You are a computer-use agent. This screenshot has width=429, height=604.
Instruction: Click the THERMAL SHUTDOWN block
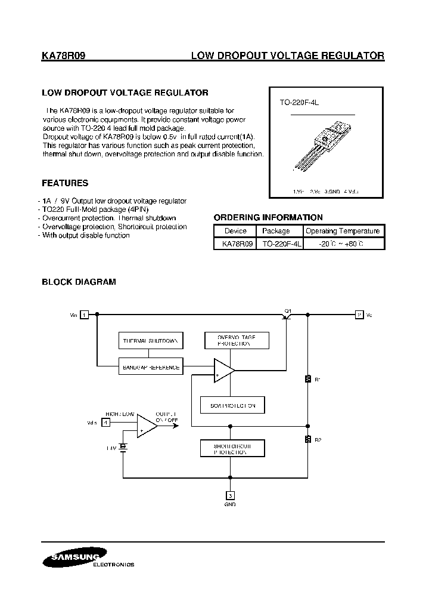(x=150, y=341)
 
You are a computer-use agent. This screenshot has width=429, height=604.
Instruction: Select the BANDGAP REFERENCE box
(x=150, y=367)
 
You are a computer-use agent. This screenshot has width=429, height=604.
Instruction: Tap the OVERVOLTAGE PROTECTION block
(x=237, y=341)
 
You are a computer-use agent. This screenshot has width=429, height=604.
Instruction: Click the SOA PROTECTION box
(x=232, y=405)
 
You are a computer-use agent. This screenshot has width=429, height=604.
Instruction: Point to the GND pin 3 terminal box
(x=230, y=495)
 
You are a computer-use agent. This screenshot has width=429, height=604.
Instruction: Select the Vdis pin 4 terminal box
(x=105, y=423)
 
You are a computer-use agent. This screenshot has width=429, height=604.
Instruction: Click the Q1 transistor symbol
(x=287, y=316)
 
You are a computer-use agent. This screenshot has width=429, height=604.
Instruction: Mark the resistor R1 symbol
(x=307, y=378)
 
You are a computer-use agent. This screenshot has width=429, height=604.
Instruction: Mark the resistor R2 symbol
(x=307, y=440)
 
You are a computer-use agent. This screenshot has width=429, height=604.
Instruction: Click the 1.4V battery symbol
(x=123, y=446)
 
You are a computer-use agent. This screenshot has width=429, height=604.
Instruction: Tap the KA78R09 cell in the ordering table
(x=234, y=244)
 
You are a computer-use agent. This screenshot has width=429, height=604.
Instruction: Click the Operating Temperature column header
(x=342, y=231)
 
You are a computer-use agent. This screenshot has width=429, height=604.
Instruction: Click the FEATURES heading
(x=65, y=183)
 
